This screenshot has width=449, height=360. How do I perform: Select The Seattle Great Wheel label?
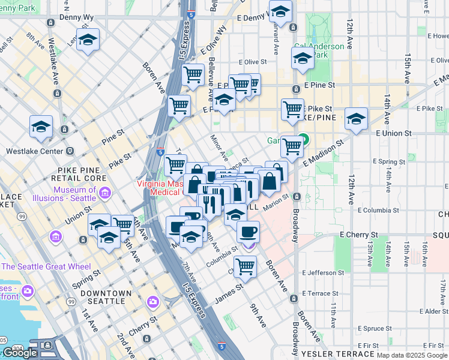pos(46,266)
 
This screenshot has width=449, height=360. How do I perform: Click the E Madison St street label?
pos(324,153)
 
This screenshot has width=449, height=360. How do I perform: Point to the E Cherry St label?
pos(358,235)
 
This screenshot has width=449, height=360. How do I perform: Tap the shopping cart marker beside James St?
pos(245,266)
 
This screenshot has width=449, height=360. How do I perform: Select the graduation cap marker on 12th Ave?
pos(356,118)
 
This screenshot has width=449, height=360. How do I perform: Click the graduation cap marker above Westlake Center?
pos(41,127)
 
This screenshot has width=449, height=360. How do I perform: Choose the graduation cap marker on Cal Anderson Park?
pos(303,59)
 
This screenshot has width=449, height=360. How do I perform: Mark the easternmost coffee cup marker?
pos(247,232)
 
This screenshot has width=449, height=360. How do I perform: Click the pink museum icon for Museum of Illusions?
pos(105,193)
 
